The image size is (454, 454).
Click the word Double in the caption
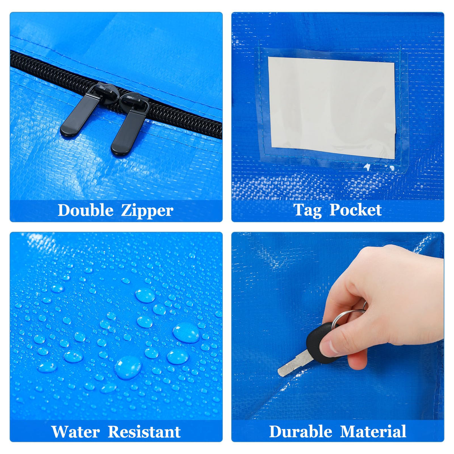tap(85, 210)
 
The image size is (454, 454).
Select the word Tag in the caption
tap(308, 210)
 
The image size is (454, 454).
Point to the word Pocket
tap(356, 210)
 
